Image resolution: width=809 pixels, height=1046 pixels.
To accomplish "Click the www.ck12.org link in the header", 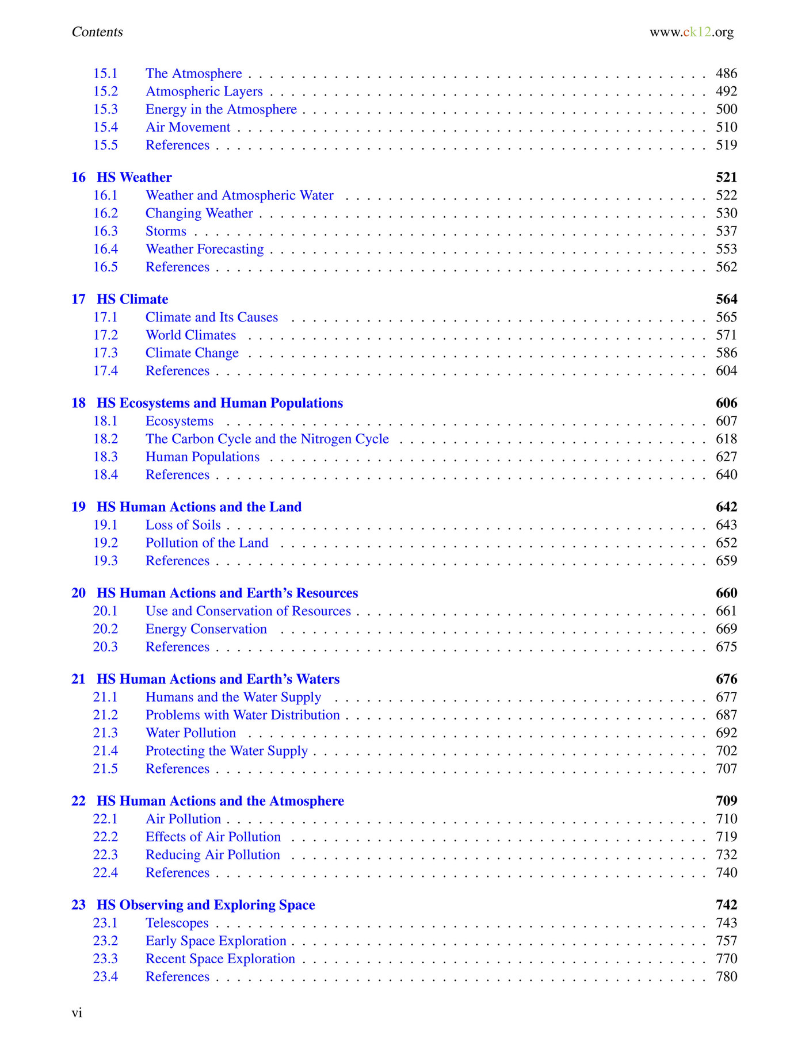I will coord(691,32).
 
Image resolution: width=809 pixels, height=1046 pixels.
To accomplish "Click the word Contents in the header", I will coord(97,32).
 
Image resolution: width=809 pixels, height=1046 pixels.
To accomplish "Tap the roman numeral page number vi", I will coord(77,1013).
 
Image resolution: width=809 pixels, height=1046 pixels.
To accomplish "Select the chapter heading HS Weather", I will coord(134,177).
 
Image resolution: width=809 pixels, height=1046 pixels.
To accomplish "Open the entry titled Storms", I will coord(166,231).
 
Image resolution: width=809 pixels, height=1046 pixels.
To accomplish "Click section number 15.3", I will coord(105,109).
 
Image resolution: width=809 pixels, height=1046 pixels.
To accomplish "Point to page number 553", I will coord(726,249).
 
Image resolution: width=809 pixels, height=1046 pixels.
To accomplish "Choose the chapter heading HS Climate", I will coord(132,299).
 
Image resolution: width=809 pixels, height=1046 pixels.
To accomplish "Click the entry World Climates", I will coord(190,335).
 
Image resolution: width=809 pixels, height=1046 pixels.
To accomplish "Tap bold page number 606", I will coord(726,403).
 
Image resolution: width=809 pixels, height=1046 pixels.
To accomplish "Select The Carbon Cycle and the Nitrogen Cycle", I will coord(267,439).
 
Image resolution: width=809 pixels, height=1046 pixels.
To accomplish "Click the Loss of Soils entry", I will coord(183,525).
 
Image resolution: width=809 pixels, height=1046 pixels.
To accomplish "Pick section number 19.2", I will coord(105,543).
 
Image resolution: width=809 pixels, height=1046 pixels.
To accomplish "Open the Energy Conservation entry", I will coord(206,629).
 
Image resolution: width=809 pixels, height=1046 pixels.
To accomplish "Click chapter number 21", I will coord(78,679).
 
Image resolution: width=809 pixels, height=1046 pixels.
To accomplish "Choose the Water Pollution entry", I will coord(190,733).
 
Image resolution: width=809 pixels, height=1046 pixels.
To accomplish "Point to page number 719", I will coord(726,837).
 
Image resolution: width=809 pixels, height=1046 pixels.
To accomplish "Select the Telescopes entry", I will coord(177,923).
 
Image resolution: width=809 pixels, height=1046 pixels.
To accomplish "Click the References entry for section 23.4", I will coord(177,976).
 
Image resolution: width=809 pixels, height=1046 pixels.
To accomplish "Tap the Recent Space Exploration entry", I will coord(220,959).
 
